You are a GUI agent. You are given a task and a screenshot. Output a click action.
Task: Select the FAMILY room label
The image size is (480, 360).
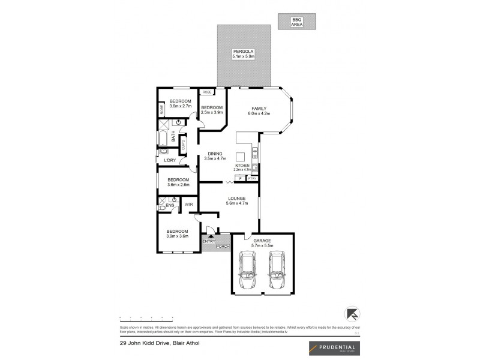click(x=259, y=108)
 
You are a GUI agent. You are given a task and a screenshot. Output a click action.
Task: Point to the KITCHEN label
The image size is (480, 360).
click(x=242, y=165)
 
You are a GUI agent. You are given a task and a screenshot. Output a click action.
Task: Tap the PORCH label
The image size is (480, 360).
click(x=223, y=246)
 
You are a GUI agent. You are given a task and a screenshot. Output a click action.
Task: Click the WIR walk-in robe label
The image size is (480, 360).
click(x=188, y=205)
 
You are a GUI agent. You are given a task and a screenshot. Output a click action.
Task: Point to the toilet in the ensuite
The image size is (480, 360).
click(x=161, y=208)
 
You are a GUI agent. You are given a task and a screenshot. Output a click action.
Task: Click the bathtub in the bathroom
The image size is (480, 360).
click(x=162, y=140)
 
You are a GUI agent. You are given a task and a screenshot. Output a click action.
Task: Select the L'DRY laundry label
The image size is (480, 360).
click(x=170, y=160)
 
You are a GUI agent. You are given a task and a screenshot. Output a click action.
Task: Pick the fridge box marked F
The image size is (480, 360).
click(x=239, y=178)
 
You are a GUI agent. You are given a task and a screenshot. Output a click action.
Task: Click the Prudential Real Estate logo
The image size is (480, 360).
click(x=332, y=348)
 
